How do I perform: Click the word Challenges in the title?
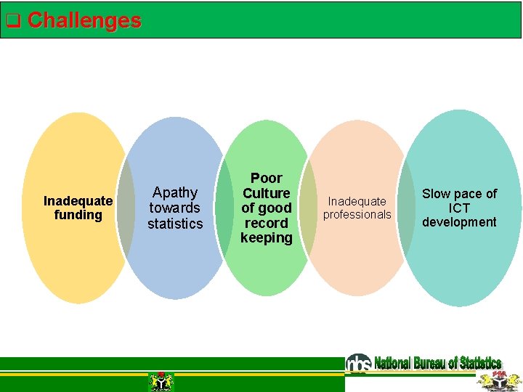click(84, 20)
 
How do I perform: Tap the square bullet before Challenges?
click(12, 21)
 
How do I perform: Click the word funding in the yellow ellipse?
click(78, 215)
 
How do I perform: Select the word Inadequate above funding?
click(78, 200)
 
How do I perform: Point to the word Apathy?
click(175, 192)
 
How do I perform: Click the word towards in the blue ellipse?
click(175, 208)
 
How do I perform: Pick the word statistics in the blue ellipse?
click(175, 224)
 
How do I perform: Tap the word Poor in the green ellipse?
click(266, 178)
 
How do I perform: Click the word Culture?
click(266, 193)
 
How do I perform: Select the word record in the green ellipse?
click(266, 223)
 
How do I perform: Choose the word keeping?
click(266, 237)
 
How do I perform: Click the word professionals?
click(357, 214)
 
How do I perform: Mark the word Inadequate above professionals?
click(357, 201)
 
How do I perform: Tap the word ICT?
click(459, 208)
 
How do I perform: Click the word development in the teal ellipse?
click(459, 222)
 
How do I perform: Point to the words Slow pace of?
click(459, 194)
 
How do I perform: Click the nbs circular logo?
click(358, 363)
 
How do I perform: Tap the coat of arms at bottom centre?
click(161, 381)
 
